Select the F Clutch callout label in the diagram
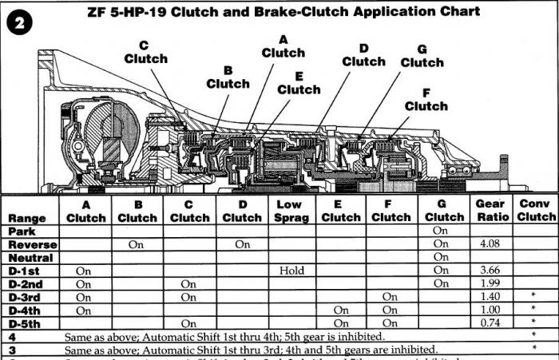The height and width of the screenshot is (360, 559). click(x=426, y=99)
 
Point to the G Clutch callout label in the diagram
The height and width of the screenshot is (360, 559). click(x=422, y=56)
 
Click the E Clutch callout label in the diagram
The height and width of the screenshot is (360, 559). click(x=299, y=83)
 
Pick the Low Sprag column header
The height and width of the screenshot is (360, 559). click(x=292, y=211)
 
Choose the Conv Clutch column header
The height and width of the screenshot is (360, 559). click(x=536, y=211)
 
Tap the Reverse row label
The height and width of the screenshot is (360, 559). click(x=31, y=244)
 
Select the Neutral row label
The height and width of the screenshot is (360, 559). click(x=30, y=258)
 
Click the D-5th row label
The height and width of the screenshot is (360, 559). click(x=28, y=322)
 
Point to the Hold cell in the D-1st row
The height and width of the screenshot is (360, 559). click(x=292, y=271)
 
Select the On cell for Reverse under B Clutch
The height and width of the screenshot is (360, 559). click(x=137, y=244)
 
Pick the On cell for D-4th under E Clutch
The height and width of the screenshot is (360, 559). click(x=341, y=310)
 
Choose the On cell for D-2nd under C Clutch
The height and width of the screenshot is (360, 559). click(x=188, y=283)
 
